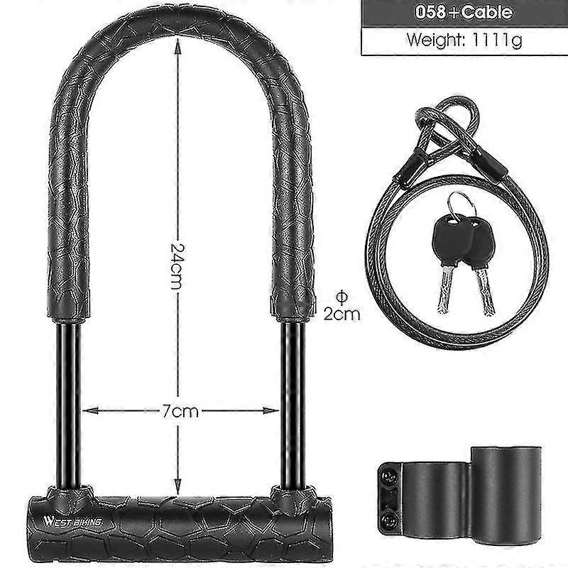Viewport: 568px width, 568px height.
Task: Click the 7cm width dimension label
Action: [x=180, y=410]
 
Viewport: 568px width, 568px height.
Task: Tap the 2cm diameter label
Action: [x=342, y=314]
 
